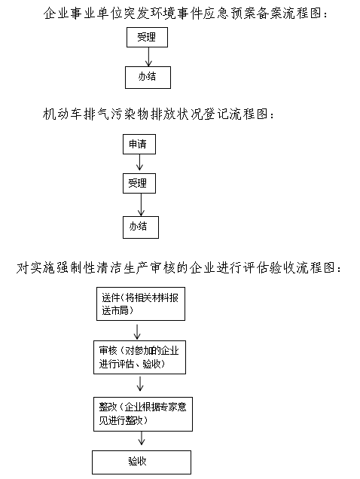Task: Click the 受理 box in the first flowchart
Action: coord(147,37)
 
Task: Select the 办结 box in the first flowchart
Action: coord(148,78)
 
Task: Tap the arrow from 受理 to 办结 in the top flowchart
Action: coord(148,56)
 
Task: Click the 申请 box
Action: coord(139,144)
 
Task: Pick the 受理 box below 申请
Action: coord(139,183)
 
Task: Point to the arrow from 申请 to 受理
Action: coord(139,162)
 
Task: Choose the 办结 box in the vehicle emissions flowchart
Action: coord(141,227)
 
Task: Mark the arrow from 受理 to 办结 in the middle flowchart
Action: coord(141,205)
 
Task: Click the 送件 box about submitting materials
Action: coord(141,304)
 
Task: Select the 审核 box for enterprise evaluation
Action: coord(139,358)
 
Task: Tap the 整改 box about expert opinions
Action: coord(143,414)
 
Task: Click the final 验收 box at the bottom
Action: coord(142,462)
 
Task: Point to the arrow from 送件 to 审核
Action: coord(137,331)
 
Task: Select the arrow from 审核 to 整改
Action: coord(140,383)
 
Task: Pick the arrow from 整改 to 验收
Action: coord(141,438)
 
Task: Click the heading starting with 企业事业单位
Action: coord(185,14)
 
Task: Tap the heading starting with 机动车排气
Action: coord(159,114)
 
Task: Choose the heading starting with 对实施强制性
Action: coord(179,268)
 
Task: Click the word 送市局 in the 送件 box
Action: coord(115,311)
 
